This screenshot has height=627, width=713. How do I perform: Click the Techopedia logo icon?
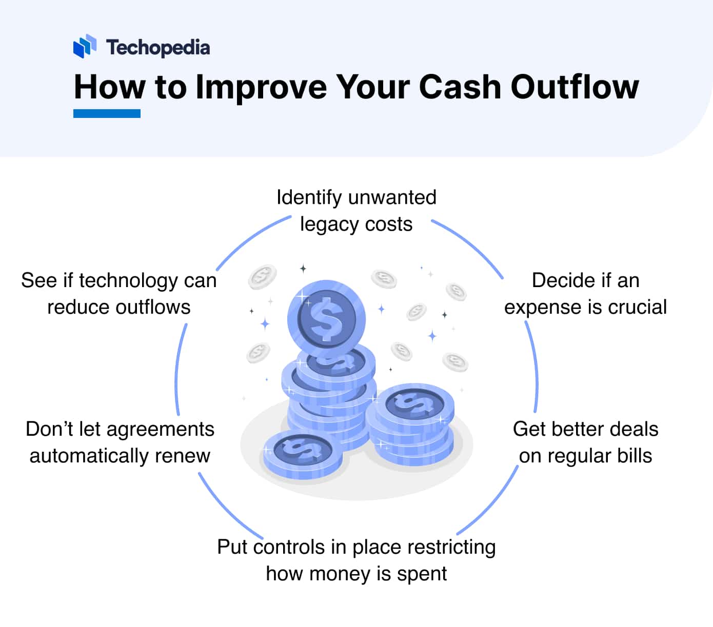click(85, 46)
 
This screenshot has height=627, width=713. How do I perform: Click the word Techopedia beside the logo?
click(158, 48)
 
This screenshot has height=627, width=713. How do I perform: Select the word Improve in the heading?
click(261, 87)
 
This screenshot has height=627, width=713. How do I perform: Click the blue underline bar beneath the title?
click(107, 113)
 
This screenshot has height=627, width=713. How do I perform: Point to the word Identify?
click(309, 197)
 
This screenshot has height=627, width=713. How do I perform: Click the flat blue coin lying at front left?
click(303, 454)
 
